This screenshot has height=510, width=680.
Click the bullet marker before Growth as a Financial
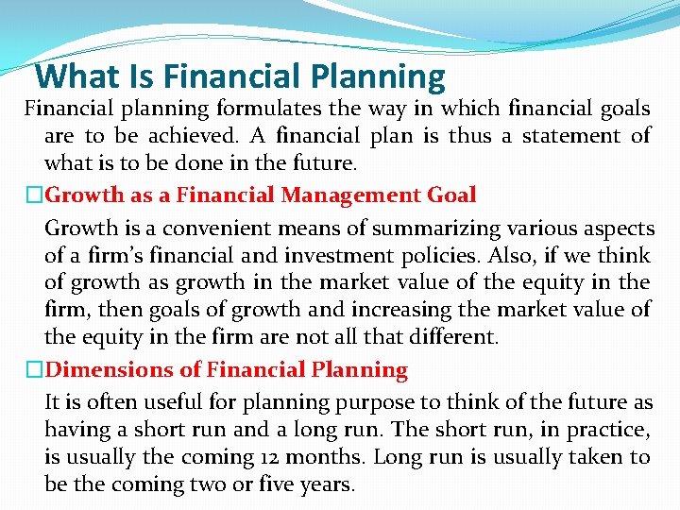click(35, 196)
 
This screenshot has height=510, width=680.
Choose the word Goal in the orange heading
click(452, 195)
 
